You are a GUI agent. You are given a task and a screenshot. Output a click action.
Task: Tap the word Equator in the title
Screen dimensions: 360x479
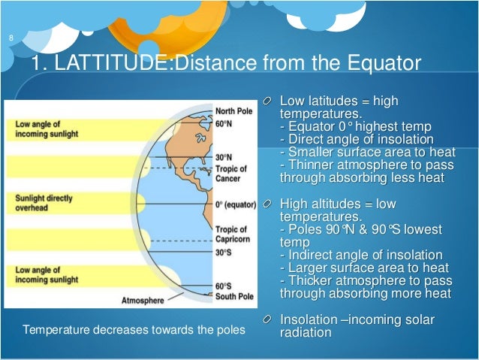click(x=376, y=65)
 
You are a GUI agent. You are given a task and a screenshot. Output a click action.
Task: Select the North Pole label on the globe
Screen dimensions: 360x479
click(x=234, y=110)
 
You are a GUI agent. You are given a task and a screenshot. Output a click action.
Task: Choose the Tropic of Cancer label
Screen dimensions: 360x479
click(x=232, y=174)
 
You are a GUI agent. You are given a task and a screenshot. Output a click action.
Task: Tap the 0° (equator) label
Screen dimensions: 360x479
click(x=236, y=204)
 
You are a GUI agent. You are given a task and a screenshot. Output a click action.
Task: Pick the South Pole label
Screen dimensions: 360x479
click(x=234, y=296)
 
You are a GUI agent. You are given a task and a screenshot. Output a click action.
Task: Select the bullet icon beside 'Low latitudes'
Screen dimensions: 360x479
click(x=268, y=102)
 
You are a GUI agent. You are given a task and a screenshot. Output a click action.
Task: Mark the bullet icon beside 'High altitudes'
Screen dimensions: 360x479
click(x=268, y=204)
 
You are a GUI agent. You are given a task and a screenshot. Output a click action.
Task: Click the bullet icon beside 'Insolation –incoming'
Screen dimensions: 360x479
click(x=268, y=320)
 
